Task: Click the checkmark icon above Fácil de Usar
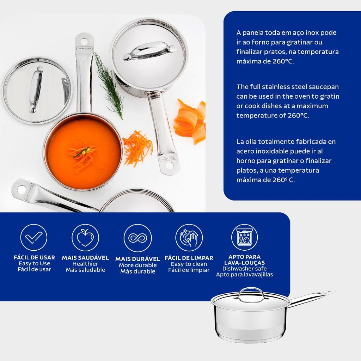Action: pyautogui.click(x=33, y=237)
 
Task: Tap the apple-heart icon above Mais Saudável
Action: pyautogui.click(x=85, y=237)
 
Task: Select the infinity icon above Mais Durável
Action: pyautogui.click(x=137, y=238)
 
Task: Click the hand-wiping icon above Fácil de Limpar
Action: pyautogui.click(x=189, y=238)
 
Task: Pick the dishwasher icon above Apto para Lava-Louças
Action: pyautogui.click(x=245, y=237)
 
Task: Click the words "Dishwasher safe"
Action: pyautogui.click(x=245, y=269)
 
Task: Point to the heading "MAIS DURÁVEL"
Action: pyautogui.click(x=138, y=259)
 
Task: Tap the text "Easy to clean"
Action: pyautogui.click(x=189, y=264)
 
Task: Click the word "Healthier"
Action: pyautogui.click(x=85, y=264)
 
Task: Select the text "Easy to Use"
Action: pyautogui.click(x=34, y=263)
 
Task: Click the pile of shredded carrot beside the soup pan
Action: pyautogui.click(x=137, y=148)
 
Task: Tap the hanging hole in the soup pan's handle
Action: pyautogui.click(x=84, y=42)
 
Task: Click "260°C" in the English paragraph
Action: pyautogui.click(x=298, y=115)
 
